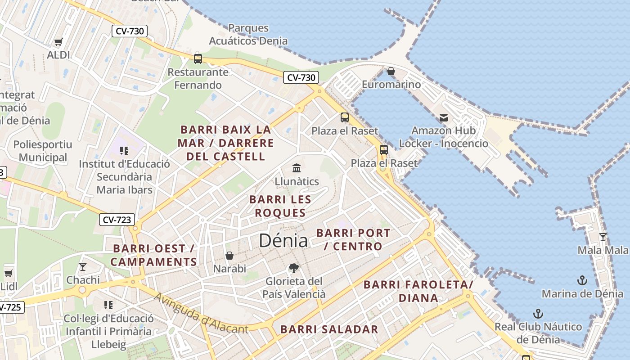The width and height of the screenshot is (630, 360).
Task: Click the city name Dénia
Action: click(x=283, y=241)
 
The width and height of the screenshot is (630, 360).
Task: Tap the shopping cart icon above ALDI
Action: click(x=58, y=42)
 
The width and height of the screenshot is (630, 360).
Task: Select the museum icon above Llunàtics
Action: click(x=297, y=168)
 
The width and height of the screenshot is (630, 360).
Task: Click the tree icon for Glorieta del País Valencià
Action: click(x=294, y=269)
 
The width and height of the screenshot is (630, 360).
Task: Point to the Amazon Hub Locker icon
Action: click(x=444, y=118)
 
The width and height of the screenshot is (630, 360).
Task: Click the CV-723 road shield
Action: click(x=117, y=220)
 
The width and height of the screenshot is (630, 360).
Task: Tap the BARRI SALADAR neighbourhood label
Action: click(x=329, y=329)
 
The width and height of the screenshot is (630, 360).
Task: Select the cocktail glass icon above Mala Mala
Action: click(x=603, y=237)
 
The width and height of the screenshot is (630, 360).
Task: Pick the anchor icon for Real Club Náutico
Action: click(x=538, y=314)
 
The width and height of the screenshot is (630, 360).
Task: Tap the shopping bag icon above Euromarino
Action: click(x=391, y=72)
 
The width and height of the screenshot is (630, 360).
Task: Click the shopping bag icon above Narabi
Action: click(x=229, y=256)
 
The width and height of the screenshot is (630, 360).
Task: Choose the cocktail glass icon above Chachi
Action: click(x=83, y=267)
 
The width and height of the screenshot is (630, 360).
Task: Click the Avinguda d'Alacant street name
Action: click(x=201, y=314)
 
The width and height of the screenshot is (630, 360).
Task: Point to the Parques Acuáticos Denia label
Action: click(x=248, y=34)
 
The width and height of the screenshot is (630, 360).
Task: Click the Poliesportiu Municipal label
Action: click(x=43, y=151)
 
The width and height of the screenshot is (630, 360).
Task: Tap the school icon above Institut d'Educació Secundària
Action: click(x=124, y=151)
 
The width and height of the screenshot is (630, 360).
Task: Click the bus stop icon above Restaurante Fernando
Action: click(x=198, y=58)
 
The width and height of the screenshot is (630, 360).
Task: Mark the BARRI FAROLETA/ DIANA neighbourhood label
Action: click(x=418, y=291)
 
